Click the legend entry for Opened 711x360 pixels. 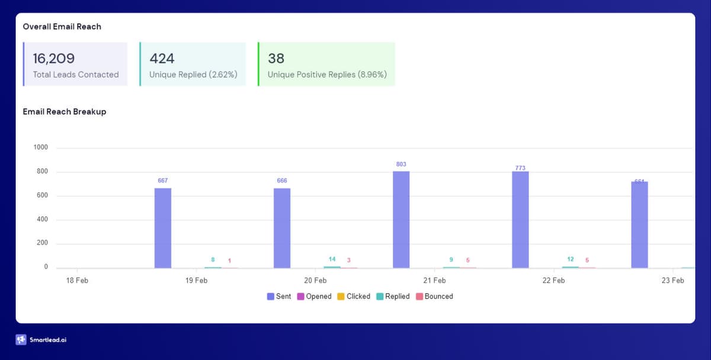pos(314,296)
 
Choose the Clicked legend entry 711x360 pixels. pos(354,296)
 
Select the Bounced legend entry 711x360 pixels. pos(434,296)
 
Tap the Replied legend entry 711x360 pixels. pos(393,296)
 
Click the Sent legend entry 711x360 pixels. pos(279,296)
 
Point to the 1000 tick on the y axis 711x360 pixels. pos(41,147)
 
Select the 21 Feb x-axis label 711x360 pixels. pos(434,280)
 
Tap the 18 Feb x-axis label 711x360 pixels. pos(77,280)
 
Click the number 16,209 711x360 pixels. pos(54,58)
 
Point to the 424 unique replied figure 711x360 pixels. pos(162,58)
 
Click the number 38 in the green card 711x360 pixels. pos(276,58)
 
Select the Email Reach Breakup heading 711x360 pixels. pos(65,111)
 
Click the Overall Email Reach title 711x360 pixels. pos(62,27)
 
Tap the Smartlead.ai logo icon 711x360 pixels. pos(21,340)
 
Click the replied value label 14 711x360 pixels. pos(332,259)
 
